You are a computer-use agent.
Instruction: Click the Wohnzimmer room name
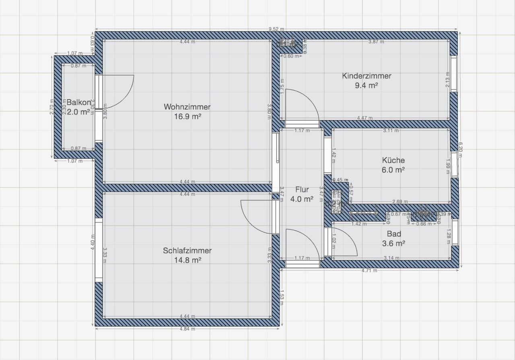click(187, 107)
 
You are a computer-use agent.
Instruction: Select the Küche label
click(393, 160)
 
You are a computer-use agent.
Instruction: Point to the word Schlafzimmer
click(187, 250)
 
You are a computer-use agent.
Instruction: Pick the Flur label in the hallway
click(302, 189)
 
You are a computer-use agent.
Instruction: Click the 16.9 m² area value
click(187, 117)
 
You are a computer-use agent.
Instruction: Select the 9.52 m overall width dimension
click(276, 29)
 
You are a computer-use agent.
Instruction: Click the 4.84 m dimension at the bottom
click(188, 329)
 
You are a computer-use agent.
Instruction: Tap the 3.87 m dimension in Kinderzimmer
click(376, 41)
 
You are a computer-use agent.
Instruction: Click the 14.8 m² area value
click(187, 260)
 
